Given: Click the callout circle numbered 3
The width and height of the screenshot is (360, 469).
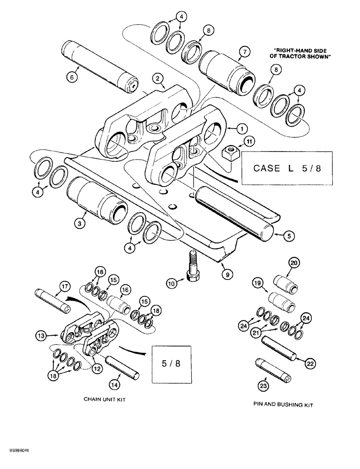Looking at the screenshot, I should click(81, 224).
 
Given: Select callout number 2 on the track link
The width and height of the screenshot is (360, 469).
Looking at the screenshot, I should click(159, 79).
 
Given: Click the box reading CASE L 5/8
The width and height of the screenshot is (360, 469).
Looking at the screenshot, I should click(286, 168).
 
